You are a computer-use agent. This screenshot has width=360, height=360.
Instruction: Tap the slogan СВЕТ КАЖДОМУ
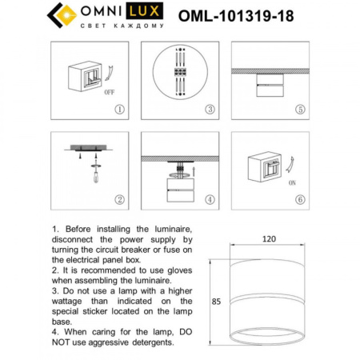[126, 26]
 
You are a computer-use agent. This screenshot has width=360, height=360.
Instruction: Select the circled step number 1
[119, 110]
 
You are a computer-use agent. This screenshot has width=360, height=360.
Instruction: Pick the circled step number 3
[209, 110]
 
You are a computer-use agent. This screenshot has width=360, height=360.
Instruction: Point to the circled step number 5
[299, 110]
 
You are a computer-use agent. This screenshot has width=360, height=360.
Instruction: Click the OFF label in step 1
[110, 93]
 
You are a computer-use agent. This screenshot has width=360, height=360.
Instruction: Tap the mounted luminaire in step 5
[269, 82]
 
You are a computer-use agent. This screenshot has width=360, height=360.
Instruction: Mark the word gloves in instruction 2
[177, 270]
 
